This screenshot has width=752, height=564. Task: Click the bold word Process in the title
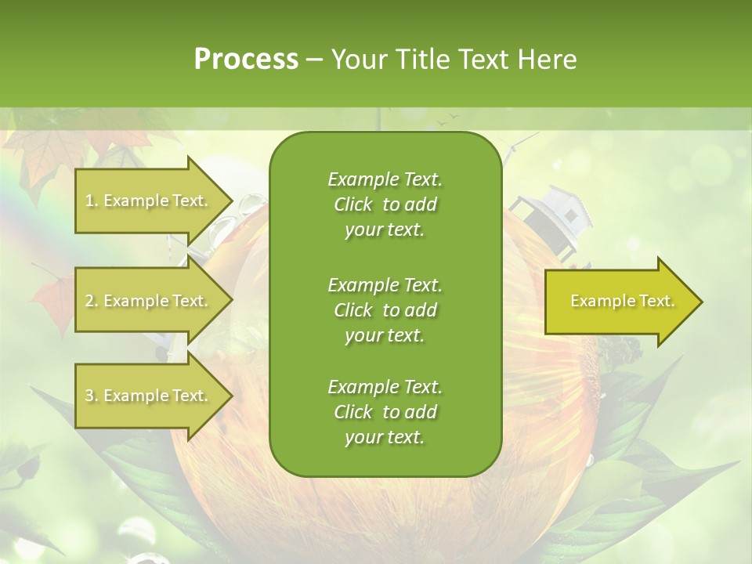[x=246, y=59]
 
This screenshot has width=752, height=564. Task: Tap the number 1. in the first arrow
[x=92, y=201]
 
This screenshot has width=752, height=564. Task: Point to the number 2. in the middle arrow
[x=92, y=301]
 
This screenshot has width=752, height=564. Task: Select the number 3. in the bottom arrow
[x=92, y=396]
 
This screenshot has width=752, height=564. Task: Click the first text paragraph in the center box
[x=385, y=204]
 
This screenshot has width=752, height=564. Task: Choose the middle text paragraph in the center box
[x=385, y=309]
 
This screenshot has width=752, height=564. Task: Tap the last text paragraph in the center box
[x=385, y=412]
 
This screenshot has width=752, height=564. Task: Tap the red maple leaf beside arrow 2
[x=52, y=302]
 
